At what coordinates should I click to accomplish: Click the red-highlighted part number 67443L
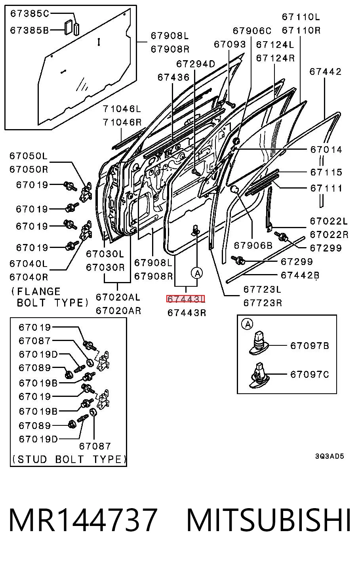[x=186, y=299]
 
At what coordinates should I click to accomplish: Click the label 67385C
[x=29, y=13]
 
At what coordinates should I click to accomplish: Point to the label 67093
[x=230, y=45]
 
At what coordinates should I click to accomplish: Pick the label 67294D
[x=196, y=64]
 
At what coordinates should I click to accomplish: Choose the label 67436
[x=173, y=77]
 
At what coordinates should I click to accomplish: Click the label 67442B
[x=300, y=275]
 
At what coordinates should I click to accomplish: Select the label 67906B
[x=253, y=246]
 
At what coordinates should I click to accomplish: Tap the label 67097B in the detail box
[x=310, y=346]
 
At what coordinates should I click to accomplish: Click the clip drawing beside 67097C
[x=259, y=375]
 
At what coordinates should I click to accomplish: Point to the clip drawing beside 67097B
[x=259, y=343]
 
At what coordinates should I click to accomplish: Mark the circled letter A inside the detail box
[x=247, y=324]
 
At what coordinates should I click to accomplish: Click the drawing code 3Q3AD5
[x=330, y=456]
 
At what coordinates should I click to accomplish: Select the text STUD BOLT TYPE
[x=69, y=459]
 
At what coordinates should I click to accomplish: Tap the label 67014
[x=326, y=150]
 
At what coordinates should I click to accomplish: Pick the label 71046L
[x=122, y=109]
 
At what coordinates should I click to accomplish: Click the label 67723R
[x=263, y=303]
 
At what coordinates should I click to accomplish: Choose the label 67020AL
[x=118, y=297]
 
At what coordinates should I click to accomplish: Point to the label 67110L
[x=301, y=17]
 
